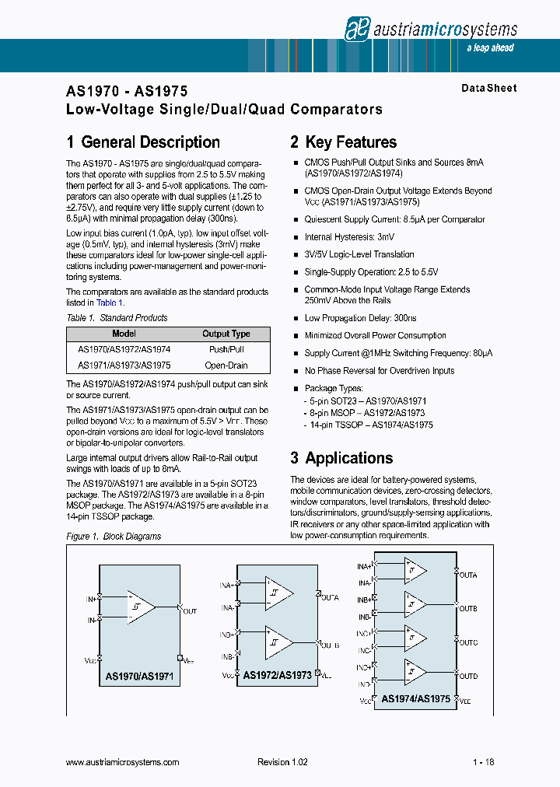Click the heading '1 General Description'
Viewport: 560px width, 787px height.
pos(143,142)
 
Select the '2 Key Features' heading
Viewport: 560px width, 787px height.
pos(343,142)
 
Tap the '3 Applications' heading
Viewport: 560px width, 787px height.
pos(341,458)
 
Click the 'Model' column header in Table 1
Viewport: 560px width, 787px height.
pos(124,334)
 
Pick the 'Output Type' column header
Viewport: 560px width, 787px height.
pos(226,334)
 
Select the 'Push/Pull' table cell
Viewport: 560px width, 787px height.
pos(226,350)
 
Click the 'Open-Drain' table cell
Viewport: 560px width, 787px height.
pos(226,365)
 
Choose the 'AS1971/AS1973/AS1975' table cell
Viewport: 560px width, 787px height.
pos(124,365)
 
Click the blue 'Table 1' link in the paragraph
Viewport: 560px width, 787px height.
pos(110,303)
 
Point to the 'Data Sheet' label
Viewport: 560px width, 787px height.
pos(488,89)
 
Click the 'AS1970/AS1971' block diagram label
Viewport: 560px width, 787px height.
pos(139,678)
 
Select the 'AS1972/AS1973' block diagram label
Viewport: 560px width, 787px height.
pos(278,675)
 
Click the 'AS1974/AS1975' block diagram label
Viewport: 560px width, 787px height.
pos(415,698)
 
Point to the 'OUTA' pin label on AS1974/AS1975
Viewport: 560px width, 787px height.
pos(468,575)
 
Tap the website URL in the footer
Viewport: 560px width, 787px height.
pos(123,762)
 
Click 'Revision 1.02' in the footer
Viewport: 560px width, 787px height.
pos(282,762)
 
